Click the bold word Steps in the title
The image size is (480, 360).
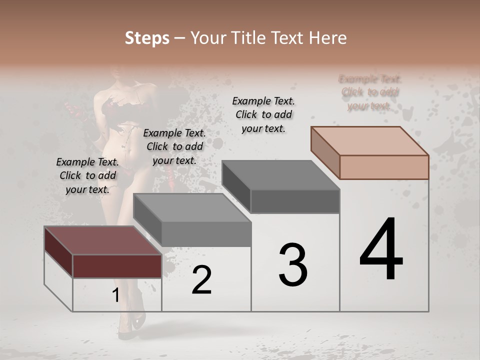[x=147, y=38]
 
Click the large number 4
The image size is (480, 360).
[x=381, y=250]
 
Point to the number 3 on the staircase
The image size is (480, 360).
[x=293, y=265]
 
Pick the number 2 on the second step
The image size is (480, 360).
[x=201, y=280]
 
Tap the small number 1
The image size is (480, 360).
[x=115, y=295]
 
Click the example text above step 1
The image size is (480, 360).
[x=87, y=175]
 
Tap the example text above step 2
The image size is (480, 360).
[x=174, y=146]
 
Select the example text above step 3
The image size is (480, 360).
[x=263, y=114]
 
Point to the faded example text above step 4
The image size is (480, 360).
[x=370, y=92]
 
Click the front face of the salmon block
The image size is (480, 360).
[x=384, y=167]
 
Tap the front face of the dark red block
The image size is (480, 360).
[x=117, y=266]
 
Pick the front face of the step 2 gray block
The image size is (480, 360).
[x=206, y=234]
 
